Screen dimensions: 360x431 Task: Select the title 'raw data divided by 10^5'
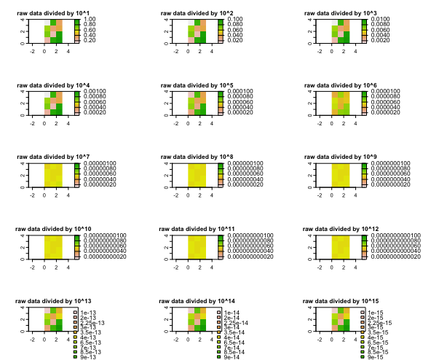click(x=199, y=85)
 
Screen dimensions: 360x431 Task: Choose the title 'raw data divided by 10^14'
click(x=200, y=300)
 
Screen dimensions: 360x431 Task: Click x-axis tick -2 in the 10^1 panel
click(x=32, y=52)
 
